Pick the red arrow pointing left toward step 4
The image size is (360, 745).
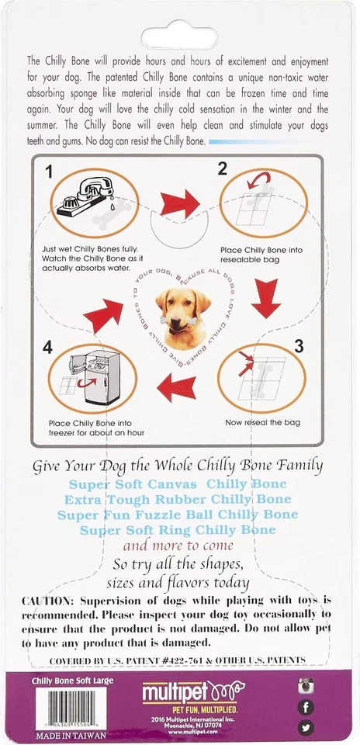click(x=176, y=386)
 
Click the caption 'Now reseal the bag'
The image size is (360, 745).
click(x=262, y=422)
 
